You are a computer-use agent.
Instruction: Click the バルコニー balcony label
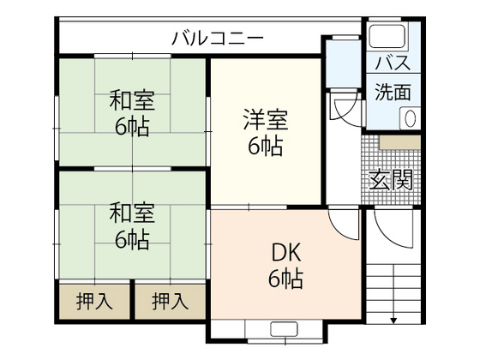coord(217,37)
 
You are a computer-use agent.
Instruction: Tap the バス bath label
coord(393,63)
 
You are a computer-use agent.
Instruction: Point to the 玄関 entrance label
coord(392,179)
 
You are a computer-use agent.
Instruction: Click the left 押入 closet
coord(93,301)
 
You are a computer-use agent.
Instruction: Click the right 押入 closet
coord(170,301)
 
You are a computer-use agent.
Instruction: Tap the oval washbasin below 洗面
coord(411,118)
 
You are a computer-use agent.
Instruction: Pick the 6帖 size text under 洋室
coord(266,146)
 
